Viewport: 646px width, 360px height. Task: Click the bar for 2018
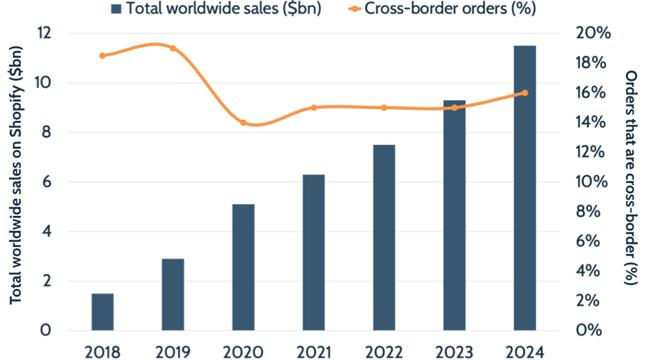[x=103, y=312]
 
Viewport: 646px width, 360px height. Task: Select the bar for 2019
[x=173, y=294]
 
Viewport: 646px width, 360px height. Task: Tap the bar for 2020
[x=243, y=267]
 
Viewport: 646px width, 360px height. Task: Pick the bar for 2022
[x=384, y=238]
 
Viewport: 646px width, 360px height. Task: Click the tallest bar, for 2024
[x=525, y=188]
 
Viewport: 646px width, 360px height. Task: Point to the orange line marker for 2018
[x=103, y=56]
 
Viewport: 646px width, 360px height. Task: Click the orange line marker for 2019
[x=173, y=48]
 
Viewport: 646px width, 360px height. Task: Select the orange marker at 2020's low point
[x=243, y=122]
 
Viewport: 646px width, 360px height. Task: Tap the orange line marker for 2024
[x=525, y=93]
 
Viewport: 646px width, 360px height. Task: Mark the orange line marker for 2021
[x=314, y=107]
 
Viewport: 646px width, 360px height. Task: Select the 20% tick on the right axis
[x=593, y=34]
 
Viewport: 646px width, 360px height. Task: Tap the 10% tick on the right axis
[x=593, y=182]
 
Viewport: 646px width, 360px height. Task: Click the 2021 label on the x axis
[x=314, y=352]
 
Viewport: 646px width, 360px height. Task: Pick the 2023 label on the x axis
[x=454, y=352]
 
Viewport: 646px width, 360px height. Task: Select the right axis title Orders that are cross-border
[x=631, y=178]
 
